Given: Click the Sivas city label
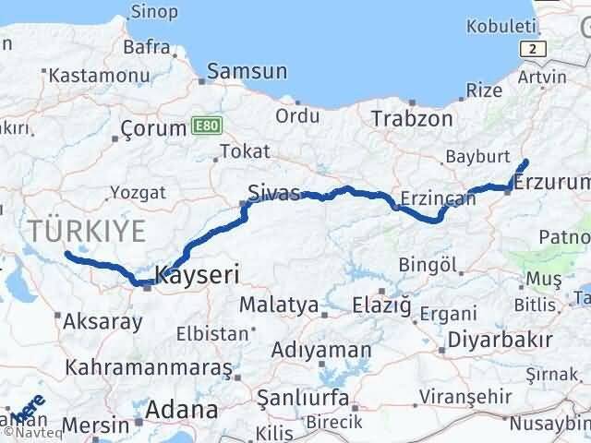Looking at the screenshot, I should pyautogui.click(x=274, y=193).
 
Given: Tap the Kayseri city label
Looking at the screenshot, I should pyautogui.click(x=198, y=274).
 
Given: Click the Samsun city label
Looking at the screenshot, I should pyautogui.click(x=247, y=71).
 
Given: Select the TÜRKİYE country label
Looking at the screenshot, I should pyautogui.click(x=87, y=231).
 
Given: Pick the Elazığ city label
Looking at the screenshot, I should pyautogui.click(x=381, y=305).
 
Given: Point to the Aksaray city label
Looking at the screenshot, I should pyautogui.click(x=103, y=322).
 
